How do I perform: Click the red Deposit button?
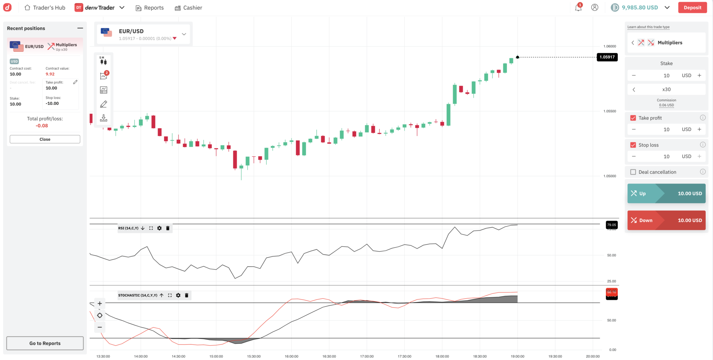pos(692,8)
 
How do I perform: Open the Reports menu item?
pos(150,8)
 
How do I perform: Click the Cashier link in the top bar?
pos(188,8)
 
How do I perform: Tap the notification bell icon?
pos(578,8)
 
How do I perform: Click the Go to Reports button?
pos(45,343)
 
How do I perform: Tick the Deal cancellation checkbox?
pos(633,172)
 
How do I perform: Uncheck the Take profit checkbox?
pos(633,118)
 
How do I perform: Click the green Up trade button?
pos(666,194)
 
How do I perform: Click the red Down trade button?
pos(666,220)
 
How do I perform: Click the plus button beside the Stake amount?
pos(699,76)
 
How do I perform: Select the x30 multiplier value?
pos(666,89)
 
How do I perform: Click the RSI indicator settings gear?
pos(159,228)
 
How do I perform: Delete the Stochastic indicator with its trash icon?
pos(187,296)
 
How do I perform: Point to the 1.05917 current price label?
pos(607,57)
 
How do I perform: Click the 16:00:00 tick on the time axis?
pos(291,356)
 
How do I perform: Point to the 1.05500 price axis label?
pos(610,111)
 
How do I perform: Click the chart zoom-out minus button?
pos(100,327)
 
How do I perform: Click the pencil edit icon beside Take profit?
pos(75,82)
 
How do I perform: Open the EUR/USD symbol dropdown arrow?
pos(184,34)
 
